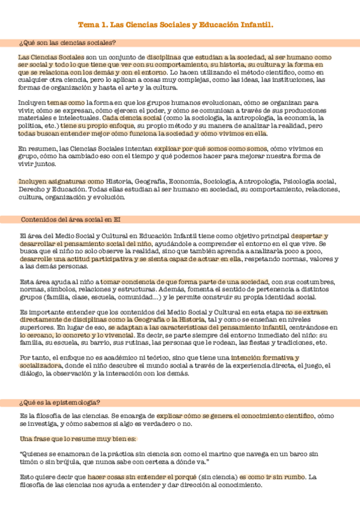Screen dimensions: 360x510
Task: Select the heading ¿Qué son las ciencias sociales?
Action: [67, 43]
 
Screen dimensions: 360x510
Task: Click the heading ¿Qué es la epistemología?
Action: [60, 402]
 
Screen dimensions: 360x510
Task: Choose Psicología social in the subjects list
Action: [309, 181]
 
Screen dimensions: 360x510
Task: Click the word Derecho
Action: [32, 189]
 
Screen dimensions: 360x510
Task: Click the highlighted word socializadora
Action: [40, 366]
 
